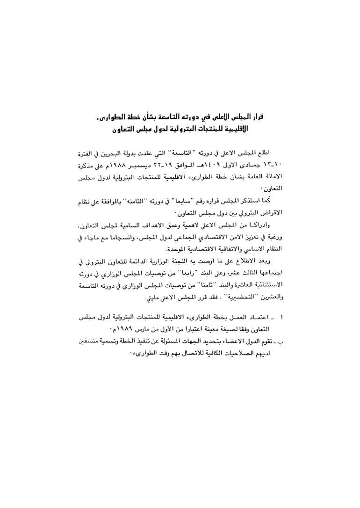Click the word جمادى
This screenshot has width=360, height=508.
pos(256,166)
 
